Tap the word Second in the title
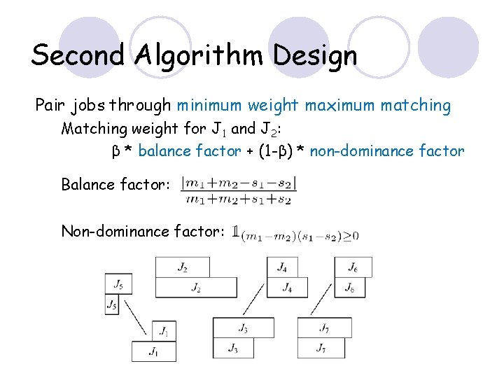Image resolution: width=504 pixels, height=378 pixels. tap(76, 55)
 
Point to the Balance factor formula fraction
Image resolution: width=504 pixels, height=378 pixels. tap(239, 191)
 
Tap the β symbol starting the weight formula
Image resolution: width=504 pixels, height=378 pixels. tap(116, 151)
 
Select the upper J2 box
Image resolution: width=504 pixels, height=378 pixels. tap(182, 267)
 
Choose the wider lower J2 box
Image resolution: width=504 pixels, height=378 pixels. tap(197, 288)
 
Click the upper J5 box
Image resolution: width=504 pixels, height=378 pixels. tap(118, 284)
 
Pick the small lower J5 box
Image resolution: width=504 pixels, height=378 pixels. tap(112, 304)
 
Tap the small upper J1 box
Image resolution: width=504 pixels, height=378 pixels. tap(164, 330)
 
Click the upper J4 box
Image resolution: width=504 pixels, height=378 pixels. tap(282, 267)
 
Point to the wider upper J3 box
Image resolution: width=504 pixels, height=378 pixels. tap(244, 328)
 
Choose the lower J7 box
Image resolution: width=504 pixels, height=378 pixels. tap(321, 348)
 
